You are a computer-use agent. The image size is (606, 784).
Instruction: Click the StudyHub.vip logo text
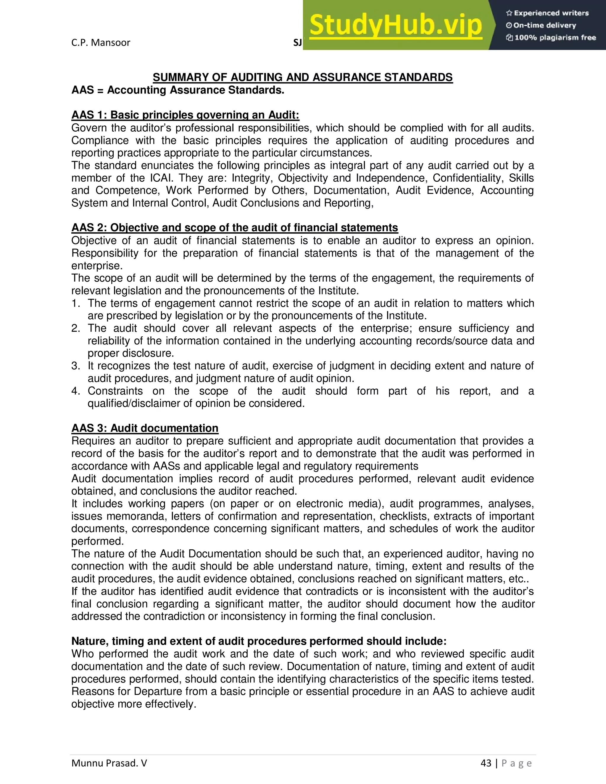pos(395,25)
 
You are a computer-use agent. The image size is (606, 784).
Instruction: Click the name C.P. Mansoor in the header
pos(101,42)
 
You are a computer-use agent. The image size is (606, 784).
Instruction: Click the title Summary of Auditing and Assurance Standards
pos(303,77)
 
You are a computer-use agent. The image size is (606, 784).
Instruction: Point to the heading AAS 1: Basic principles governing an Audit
pos(185,115)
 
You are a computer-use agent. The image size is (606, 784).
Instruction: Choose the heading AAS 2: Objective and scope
pos(234,228)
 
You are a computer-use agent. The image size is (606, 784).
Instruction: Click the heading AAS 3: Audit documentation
pos(145,428)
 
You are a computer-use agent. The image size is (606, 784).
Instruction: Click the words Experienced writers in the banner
pos(551,13)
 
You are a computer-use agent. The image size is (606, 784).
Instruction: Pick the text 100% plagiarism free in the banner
pos(555,38)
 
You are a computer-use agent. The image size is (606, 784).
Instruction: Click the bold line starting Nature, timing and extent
pos(259,641)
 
